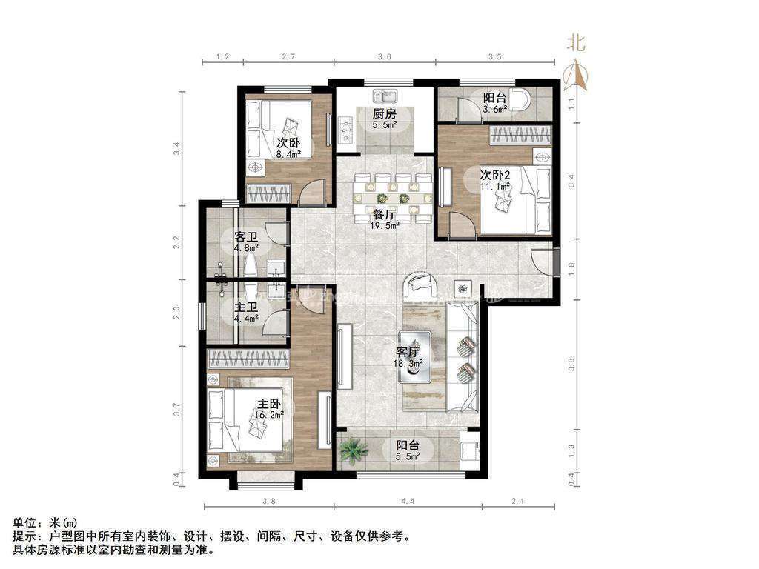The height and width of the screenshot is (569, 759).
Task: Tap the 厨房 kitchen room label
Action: pos(384,119)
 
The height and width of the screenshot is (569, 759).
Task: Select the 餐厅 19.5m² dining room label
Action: pos(385,219)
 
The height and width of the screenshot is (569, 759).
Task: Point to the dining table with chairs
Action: pos(392,198)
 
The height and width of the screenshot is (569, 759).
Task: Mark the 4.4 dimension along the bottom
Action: pos(408,502)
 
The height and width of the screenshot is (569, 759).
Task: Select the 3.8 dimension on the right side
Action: pos(571,365)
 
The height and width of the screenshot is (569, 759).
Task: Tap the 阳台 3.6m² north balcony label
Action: pos(495,102)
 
